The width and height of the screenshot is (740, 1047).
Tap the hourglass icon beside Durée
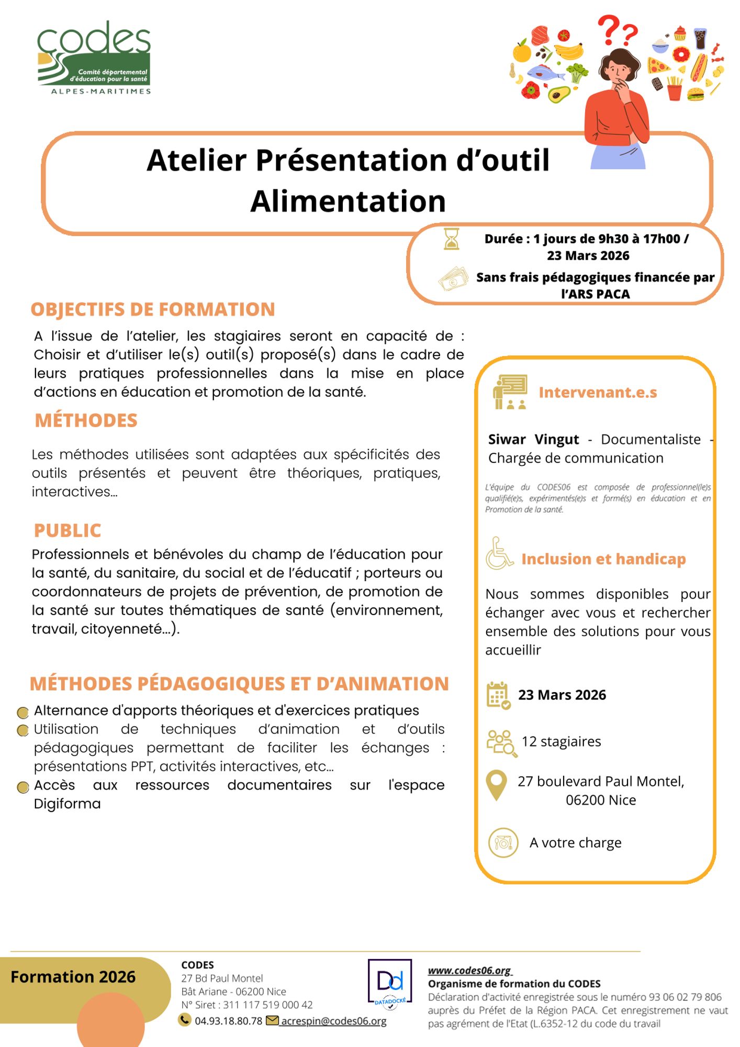451,239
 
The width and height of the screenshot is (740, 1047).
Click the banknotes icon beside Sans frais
453,279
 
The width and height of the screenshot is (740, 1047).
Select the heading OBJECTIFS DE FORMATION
153,309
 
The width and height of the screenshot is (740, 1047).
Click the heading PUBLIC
68,530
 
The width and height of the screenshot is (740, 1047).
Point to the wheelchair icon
499,554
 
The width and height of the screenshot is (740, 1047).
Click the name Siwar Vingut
533,439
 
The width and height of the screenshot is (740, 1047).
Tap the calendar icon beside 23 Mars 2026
498,695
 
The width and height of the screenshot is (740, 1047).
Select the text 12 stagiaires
561,741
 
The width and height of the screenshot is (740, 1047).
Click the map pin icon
496,785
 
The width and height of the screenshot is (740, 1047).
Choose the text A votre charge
575,842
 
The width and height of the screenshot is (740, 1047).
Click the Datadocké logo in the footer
390,984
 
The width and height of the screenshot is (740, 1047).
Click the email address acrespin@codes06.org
333,1021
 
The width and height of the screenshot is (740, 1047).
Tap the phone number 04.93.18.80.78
228,1021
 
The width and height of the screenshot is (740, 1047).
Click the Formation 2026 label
73,977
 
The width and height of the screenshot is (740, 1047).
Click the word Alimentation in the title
348,202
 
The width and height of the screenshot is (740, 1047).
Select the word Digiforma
67,804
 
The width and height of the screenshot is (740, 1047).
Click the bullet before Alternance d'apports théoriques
23,712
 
